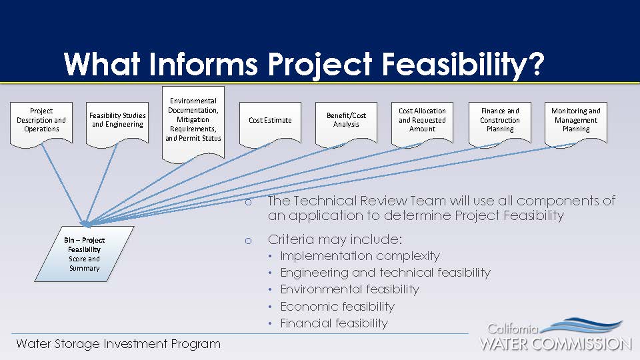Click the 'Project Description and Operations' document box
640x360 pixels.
(x=41, y=124)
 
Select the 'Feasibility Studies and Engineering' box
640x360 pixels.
(x=117, y=124)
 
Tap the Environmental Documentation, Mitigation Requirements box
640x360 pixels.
(x=193, y=124)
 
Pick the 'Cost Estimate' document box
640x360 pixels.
(x=270, y=124)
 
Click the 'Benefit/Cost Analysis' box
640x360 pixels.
(x=346, y=124)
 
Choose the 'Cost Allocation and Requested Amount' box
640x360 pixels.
(x=422, y=124)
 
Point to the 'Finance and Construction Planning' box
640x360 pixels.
(x=500, y=124)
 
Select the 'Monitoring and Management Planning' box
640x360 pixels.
(x=576, y=124)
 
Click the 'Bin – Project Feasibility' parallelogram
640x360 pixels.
(x=85, y=254)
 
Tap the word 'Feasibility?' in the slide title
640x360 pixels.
(x=463, y=65)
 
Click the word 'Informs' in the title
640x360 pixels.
(x=203, y=64)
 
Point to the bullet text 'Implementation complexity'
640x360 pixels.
(x=360, y=256)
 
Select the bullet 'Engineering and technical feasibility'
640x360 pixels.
(x=385, y=273)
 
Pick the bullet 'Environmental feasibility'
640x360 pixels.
(x=350, y=289)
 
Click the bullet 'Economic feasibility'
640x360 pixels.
(x=337, y=307)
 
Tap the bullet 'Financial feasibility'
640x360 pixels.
(x=334, y=323)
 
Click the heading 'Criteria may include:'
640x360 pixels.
(x=335, y=239)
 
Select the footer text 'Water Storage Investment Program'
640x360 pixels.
(x=119, y=344)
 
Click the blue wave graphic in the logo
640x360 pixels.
(x=585, y=326)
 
